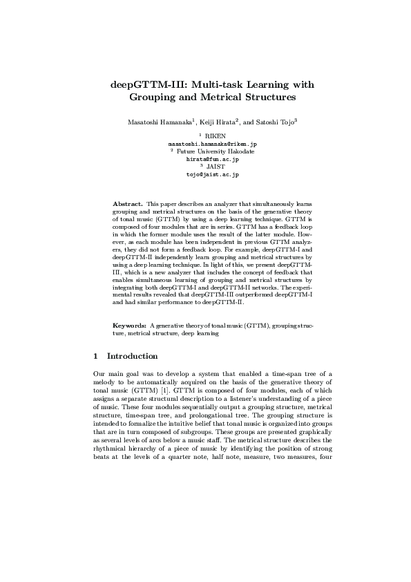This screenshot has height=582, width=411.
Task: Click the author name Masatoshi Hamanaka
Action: tap(160, 122)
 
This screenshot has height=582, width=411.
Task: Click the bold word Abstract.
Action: tap(128, 205)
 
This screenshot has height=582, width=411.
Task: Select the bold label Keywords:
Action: tap(129, 325)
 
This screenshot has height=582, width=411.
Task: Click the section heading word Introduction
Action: tap(133, 357)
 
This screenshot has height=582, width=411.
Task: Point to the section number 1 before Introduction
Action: tap(95, 357)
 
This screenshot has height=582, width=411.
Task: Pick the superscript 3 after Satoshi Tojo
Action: tap(296, 120)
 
